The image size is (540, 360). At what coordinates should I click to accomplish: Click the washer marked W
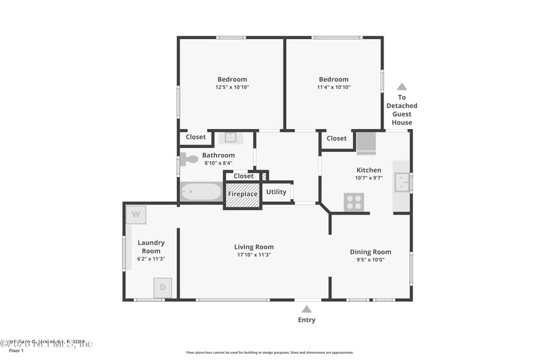136,215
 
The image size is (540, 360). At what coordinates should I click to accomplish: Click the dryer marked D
162,287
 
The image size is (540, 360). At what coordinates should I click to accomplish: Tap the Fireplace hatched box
242,195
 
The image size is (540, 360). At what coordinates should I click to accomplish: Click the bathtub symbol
200,192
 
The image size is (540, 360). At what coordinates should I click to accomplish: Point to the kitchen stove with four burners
354,201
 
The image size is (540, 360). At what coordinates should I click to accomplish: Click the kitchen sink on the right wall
402,182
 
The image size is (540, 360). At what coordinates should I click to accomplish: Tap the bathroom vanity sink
230,137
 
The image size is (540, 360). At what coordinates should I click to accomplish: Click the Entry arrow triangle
306,309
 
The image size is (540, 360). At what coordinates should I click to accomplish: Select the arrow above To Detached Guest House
402,86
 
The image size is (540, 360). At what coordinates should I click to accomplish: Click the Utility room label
276,192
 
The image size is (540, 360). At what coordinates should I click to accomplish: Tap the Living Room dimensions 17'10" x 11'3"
254,255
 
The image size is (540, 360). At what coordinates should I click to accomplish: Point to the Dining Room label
370,252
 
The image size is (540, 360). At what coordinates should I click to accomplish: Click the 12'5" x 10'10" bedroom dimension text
232,87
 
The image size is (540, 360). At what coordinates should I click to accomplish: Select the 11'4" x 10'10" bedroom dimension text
333,87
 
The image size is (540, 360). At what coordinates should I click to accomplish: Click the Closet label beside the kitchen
336,138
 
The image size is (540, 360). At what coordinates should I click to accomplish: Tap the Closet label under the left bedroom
196,137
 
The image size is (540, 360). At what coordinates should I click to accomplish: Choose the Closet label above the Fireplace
243,176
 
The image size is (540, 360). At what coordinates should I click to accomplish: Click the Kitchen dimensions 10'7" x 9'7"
369,178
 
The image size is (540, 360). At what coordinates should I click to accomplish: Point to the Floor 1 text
16,351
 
